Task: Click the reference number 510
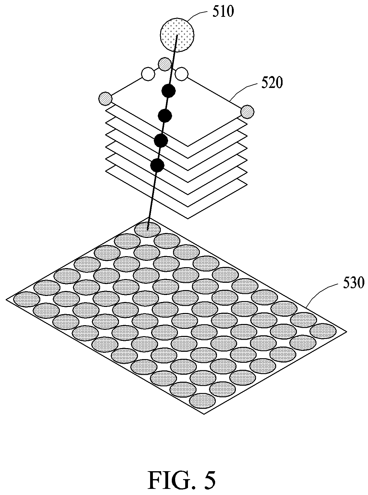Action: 223,12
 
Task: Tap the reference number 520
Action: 272,82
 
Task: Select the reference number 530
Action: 353,283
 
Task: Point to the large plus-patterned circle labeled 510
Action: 177,35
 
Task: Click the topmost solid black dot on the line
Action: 168,91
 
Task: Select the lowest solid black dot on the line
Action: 157,166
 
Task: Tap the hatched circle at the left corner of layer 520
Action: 105,99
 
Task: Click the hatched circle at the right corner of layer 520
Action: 247,111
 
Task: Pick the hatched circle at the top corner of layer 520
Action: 165,64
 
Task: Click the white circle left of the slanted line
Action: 148,74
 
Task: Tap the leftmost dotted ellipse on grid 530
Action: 27,299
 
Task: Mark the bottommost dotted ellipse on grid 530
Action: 203,401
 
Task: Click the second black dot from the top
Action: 165,116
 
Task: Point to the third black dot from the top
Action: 161,140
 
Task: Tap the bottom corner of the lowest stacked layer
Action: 188,218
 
